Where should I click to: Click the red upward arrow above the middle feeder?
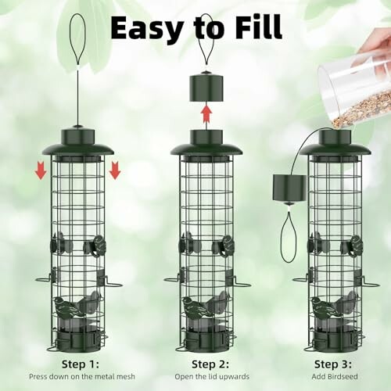click(206, 115)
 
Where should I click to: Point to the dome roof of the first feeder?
click(77, 146)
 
